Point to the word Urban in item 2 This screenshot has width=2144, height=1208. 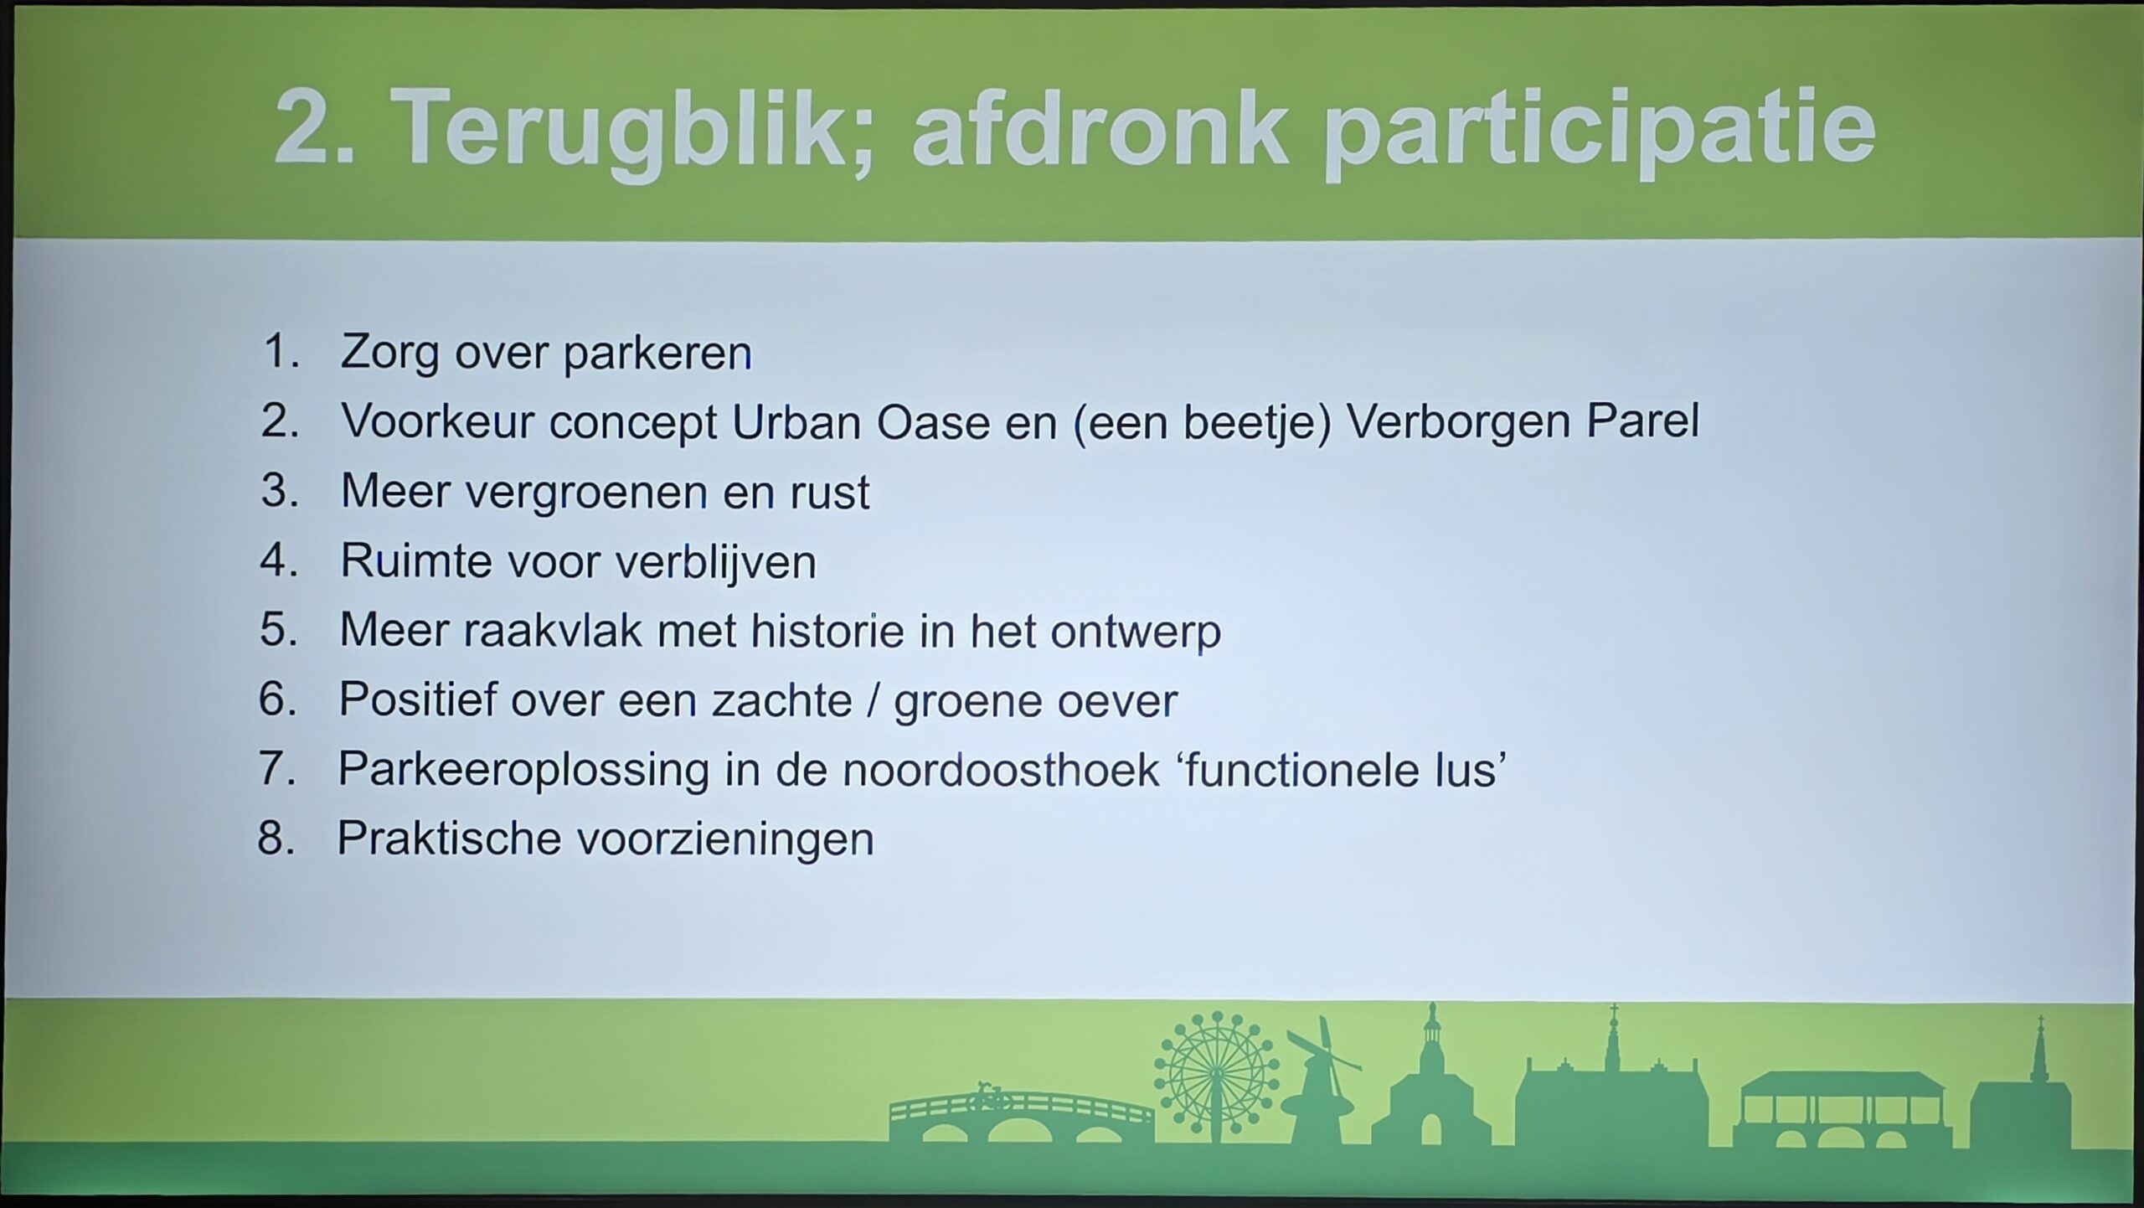click(796, 421)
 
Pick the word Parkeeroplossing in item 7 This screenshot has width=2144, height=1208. click(524, 770)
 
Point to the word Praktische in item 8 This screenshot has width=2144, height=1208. click(449, 839)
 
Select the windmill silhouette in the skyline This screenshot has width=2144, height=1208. click(1322, 1082)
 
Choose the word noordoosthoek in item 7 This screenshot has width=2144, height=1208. click(1001, 769)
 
